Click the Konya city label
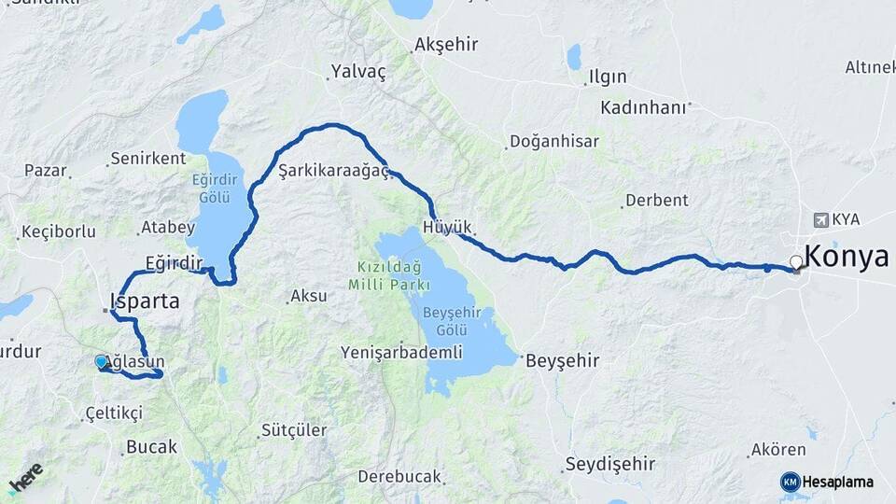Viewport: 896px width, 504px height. [847, 257]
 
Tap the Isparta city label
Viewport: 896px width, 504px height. [144, 301]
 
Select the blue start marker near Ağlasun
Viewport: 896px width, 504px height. [101, 361]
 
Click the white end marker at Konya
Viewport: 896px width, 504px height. [796, 262]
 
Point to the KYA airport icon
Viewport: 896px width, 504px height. [820, 219]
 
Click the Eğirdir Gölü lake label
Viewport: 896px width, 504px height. [214, 190]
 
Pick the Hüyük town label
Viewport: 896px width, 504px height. [448, 227]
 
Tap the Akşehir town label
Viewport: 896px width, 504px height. [446, 45]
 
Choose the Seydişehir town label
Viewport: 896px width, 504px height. [610, 464]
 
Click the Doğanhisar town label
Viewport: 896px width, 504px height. [554, 141]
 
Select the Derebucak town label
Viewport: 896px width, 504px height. [399, 476]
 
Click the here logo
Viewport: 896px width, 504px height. [25, 477]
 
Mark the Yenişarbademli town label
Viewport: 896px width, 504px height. [401, 352]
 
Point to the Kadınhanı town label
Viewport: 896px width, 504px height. [643, 106]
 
